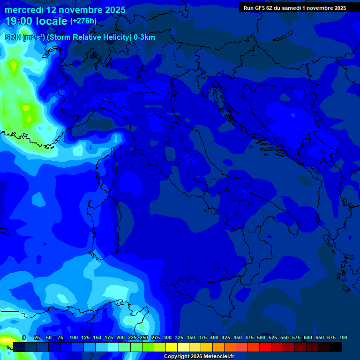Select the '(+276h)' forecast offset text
(x=83, y=21)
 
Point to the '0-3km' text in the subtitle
(x=144, y=37)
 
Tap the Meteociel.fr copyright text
(x=198, y=357)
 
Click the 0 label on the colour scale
(x=24, y=337)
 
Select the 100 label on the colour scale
(x=74, y=337)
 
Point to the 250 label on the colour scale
(x=144, y=337)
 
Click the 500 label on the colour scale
(x=261, y=337)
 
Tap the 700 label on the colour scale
(x=343, y=337)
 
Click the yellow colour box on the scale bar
(x=172, y=347)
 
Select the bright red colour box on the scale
(x=265, y=347)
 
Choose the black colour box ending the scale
(x=336, y=347)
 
